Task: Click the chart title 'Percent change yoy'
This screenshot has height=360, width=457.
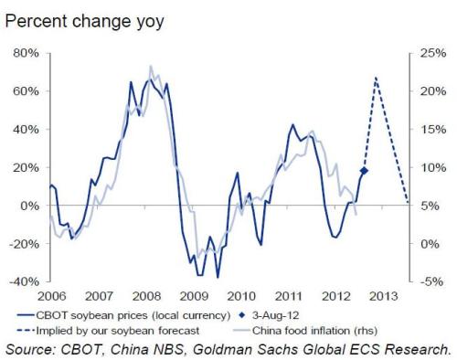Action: pos(84,22)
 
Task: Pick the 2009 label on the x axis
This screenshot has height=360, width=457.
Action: pos(194,296)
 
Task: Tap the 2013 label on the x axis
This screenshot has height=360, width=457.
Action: pos(384,296)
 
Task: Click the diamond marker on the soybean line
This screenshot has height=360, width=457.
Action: pos(364,171)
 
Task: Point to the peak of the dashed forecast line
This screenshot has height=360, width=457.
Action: pos(377,78)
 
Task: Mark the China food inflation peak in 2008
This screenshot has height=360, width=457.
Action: pos(151,66)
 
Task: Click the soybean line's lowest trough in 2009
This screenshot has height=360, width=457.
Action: pos(218,277)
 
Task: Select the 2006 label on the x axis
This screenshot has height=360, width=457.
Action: pos(51,296)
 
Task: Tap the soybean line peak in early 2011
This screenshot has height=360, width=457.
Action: pos(292,124)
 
